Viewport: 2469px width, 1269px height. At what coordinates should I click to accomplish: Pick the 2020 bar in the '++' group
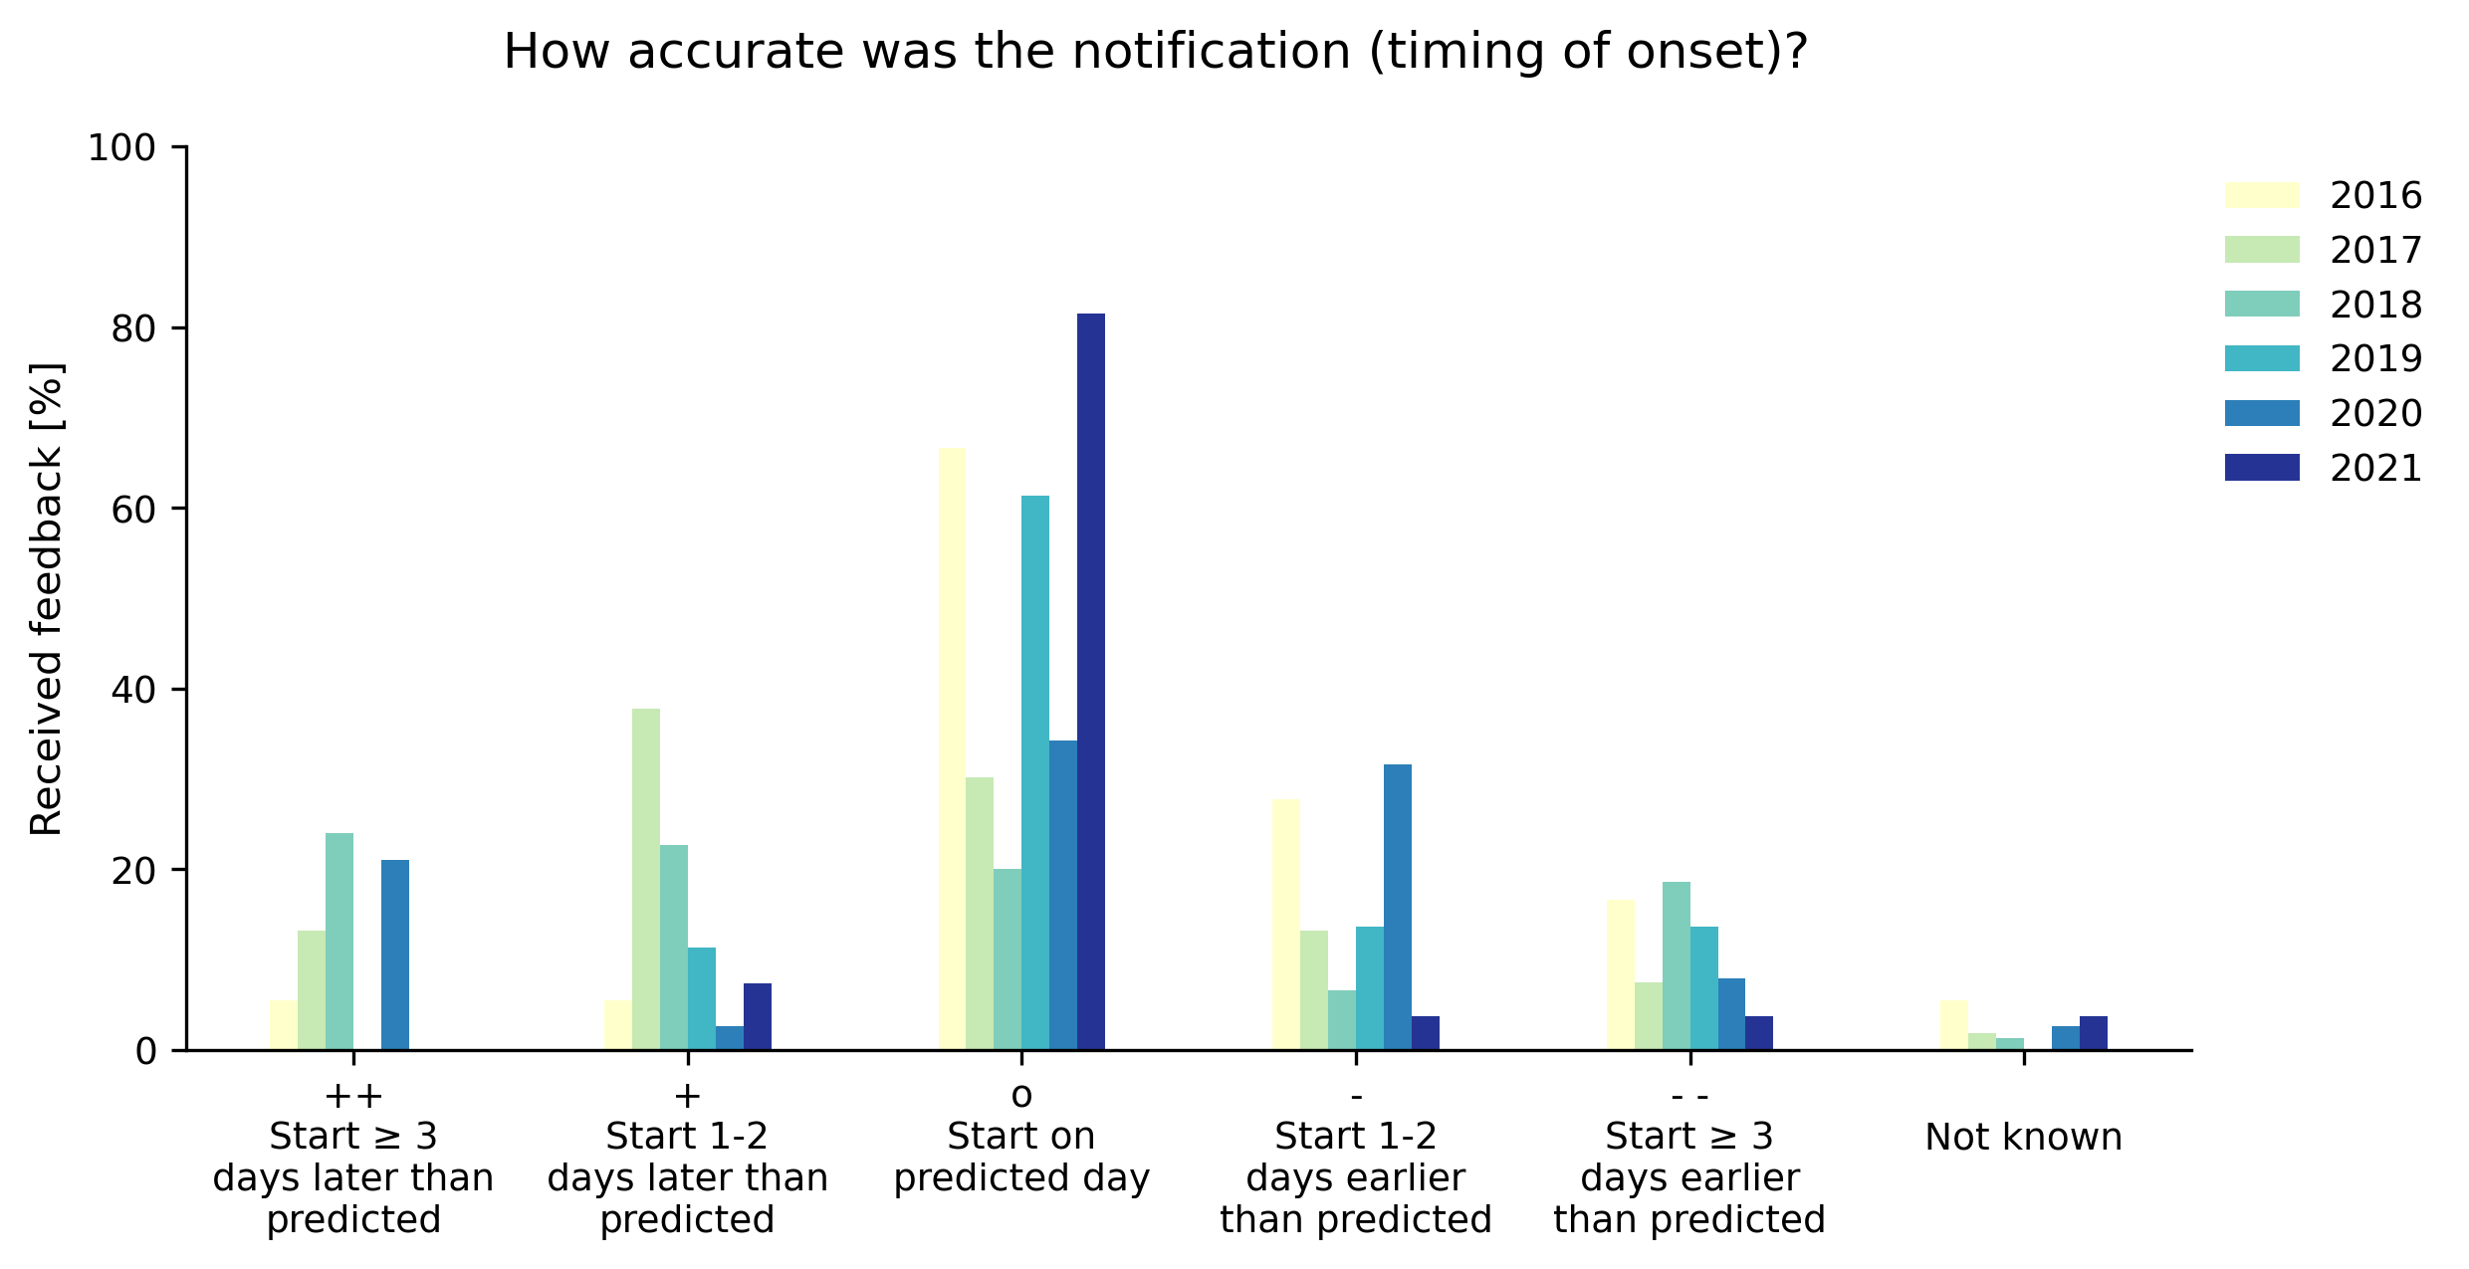(x=395, y=954)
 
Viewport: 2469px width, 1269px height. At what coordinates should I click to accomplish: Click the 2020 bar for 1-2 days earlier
(x=1397, y=907)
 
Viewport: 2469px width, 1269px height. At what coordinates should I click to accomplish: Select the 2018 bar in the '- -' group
(x=1676, y=965)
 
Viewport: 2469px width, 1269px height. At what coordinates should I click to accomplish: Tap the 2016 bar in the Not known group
(x=1953, y=1025)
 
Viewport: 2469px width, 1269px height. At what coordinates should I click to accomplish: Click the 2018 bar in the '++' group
(x=339, y=942)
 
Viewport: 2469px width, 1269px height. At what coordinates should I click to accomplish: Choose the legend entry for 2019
(x=2374, y=358)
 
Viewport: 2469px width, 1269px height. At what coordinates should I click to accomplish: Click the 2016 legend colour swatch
(x=2262, y=195)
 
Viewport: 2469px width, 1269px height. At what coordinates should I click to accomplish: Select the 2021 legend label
(x=2374, y=468)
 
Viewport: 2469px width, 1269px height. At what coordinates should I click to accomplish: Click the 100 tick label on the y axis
(x=121, y=148)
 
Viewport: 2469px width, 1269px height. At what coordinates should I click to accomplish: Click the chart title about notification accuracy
(x=1154, y=52)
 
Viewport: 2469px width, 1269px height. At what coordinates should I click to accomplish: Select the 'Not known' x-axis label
(x=2023, y=1137)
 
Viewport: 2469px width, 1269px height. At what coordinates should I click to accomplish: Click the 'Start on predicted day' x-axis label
(x=1021, y=1157)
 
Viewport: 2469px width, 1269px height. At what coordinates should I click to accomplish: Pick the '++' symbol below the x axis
(x=353, y=1096)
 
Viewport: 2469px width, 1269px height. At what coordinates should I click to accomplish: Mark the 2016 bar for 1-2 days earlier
(x=1285, y=925)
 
